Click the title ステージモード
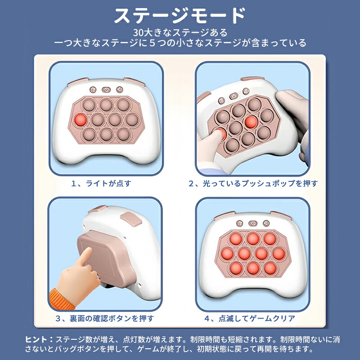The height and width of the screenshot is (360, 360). click(x=180, y=16)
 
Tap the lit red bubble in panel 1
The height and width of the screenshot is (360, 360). click(x=81, y=120)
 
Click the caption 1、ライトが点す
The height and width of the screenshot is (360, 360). click(x=101, y=184)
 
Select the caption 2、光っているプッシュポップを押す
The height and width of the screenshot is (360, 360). click(x=253, y=184)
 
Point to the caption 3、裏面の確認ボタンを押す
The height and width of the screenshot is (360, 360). click(x=105, y=319)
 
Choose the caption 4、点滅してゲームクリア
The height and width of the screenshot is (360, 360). click(x=250, y=319)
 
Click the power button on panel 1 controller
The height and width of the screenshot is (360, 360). click(x=106, y=90)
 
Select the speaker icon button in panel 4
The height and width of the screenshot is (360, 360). click(x=266, y=223)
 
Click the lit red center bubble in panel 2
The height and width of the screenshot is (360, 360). click(x=251, y=122)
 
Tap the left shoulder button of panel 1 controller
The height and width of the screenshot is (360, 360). click(x=78, y=82)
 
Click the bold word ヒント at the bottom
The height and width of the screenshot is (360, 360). click(x=36, y=339)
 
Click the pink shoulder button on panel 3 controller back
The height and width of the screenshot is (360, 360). click(x=131, y=219)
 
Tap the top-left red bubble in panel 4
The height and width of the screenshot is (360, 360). click(x=236, y=239)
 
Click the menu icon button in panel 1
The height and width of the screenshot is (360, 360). click(x=93, y=90)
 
